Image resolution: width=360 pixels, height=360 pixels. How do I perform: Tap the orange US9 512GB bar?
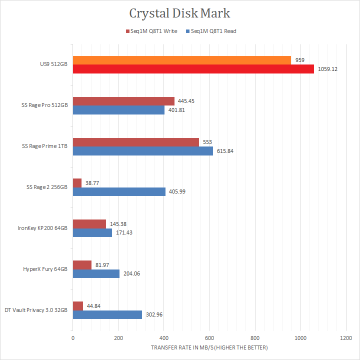point(182,60)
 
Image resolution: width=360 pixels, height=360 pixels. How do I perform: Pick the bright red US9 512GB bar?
point(193,69)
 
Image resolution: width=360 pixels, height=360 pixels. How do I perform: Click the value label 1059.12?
point(327,69)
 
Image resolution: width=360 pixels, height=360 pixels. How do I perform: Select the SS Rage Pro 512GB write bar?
point(123,101)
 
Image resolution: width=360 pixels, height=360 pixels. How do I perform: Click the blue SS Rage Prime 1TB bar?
point(143,151)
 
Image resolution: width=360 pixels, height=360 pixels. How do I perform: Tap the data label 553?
point(206,142)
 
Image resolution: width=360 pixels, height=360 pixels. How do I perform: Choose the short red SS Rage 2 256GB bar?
point(77,183)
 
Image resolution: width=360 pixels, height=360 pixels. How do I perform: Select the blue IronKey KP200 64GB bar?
point(92,233)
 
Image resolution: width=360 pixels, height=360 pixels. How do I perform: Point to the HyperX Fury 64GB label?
point(45,269)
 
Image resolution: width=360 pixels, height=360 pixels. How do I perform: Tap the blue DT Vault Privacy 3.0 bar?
point(107,315)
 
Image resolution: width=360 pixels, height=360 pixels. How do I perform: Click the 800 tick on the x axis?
point(255,338)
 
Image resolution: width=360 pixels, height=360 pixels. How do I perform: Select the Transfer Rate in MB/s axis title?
point(209,347)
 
